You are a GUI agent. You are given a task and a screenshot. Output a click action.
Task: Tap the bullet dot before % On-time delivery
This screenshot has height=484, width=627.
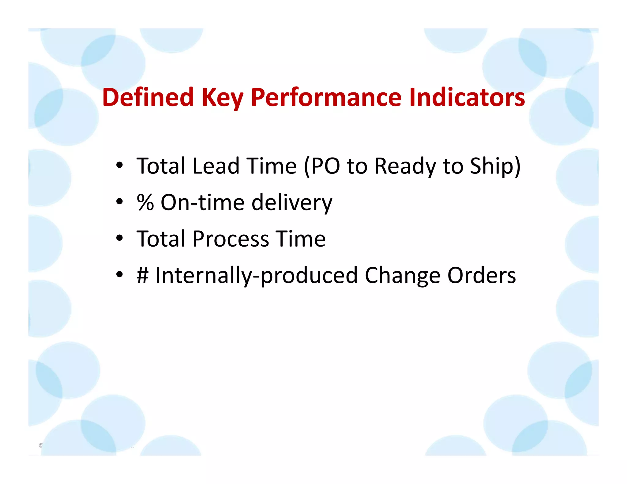[120, 202]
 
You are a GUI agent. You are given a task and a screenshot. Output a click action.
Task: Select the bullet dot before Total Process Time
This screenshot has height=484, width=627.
[120, 238]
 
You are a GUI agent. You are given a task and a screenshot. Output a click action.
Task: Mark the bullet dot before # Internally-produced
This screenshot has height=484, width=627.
[120, 275]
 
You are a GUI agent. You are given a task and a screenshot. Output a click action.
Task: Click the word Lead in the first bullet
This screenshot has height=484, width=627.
[216, 166]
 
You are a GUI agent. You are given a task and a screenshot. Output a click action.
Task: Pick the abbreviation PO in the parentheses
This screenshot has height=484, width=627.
[326, 166]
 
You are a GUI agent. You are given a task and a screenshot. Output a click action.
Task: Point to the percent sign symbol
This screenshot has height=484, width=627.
[145, 203]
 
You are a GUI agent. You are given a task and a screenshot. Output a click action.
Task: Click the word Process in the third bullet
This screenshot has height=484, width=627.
[231, 239]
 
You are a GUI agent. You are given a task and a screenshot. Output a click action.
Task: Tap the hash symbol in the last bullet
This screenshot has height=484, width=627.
[143, 275]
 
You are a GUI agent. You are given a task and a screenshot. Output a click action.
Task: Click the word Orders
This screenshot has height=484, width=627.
[482, 275]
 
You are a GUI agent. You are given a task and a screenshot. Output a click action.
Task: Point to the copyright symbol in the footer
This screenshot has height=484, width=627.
[41, 445]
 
